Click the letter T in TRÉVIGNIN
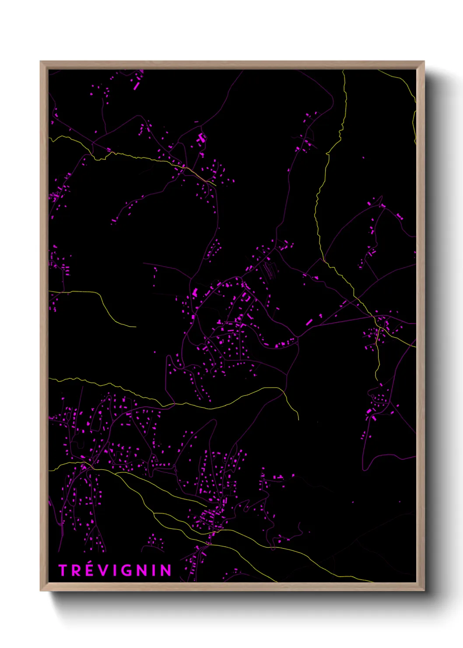click(63, 571)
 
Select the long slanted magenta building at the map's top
click(136, 86)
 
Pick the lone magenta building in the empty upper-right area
click(363, 157)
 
